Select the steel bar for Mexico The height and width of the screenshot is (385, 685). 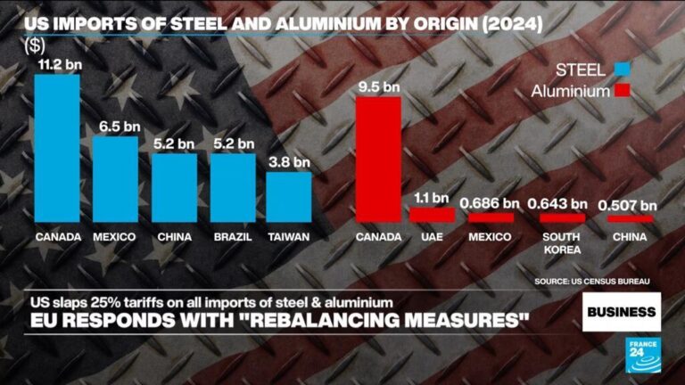click(115, 178)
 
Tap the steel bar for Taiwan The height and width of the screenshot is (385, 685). click(289, 196)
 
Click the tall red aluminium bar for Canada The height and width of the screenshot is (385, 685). click(378, 159)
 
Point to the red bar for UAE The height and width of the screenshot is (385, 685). click(432, 215)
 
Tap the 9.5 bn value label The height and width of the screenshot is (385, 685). click(378, 86)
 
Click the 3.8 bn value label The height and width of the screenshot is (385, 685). click(289, 161)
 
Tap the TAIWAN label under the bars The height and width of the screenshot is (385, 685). click(289, 237)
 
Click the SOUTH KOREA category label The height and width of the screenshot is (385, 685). click(562, 243)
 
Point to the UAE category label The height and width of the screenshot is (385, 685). click(432, 237)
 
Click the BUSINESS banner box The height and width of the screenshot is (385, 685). click(622, 311)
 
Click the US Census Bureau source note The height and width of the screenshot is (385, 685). click(592, 282)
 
